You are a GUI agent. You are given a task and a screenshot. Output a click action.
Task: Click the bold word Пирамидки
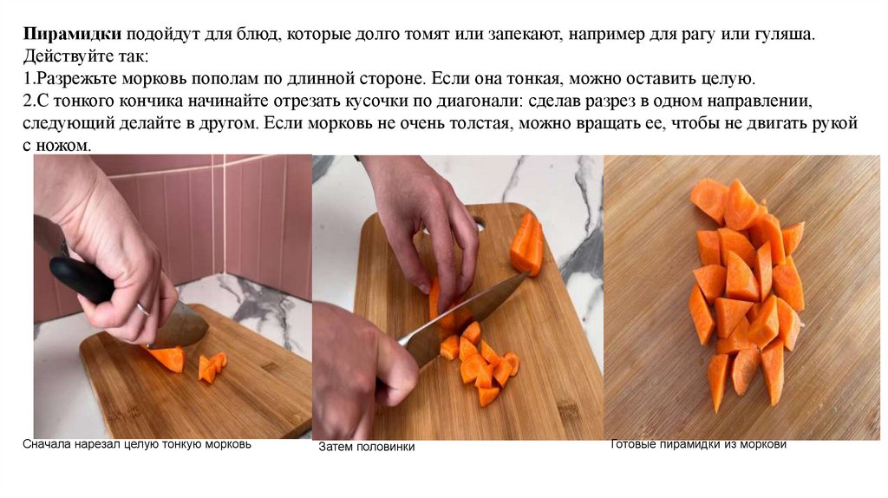tap(72, 35)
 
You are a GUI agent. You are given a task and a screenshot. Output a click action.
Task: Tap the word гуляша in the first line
tap(783, 35)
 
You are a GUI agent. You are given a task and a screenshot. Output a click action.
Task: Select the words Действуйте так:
tap(86, 56)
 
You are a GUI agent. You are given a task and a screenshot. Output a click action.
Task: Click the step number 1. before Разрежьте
tap(29, 78)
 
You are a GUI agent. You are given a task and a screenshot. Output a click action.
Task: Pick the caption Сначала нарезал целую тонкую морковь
tap(136, 444)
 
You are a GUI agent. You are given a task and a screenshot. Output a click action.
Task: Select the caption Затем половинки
tap(367, 447)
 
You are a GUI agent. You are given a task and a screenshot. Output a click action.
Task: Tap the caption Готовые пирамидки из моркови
tap(698, 444)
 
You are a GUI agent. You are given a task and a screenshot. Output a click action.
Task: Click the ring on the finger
tap(143, 310)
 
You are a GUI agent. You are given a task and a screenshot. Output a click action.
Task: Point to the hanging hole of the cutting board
tap(479, 225)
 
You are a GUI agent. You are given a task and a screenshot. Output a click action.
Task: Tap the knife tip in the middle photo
tap(530, 273)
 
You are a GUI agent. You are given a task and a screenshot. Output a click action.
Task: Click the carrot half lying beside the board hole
tap(526, 244)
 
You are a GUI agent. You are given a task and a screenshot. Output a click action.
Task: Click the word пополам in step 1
tap(227, 79)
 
